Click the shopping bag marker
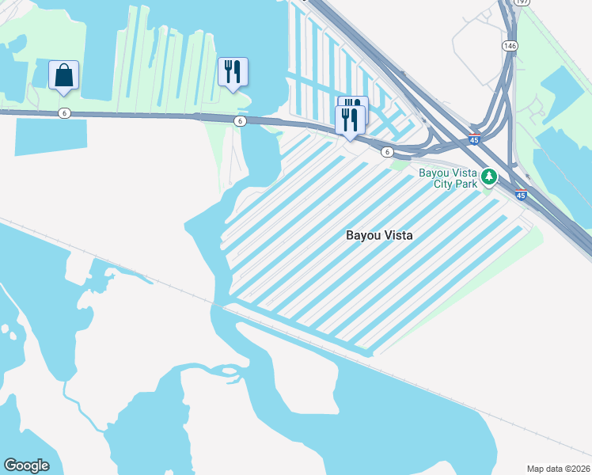(x=63, y=76)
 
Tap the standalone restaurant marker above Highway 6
(x=233, y=72)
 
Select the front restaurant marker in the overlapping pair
(x=350, y=120)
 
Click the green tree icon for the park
(x=490, y=176)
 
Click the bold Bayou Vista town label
(x=380, y=235)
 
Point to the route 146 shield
(x=510, y=47)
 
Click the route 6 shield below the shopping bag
(x=64, y=113)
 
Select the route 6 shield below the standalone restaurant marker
(x=239, y=120)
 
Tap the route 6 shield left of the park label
(x=387, y=151)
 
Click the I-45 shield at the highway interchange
(x=474, y=139)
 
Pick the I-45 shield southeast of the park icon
(x=521, y=195)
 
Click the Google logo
(x=26, y=465)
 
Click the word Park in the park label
(x=467, y=184)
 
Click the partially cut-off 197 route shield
(x=522, y=2)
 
